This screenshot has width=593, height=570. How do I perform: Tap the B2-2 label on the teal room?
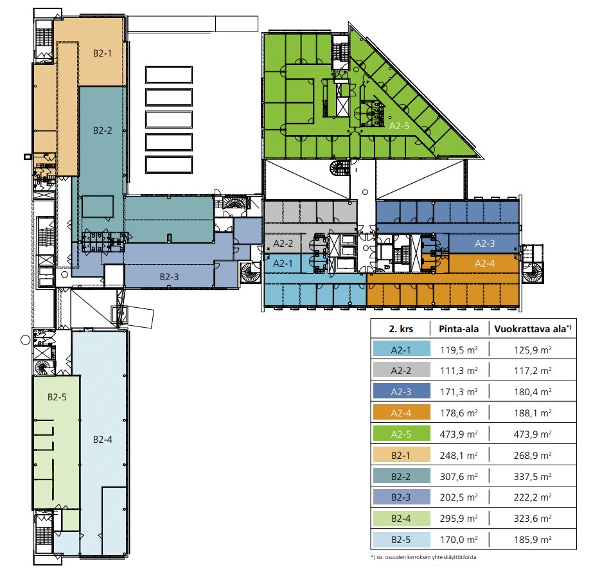coord(102,130)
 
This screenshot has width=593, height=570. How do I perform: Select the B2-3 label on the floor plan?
coord(169,276)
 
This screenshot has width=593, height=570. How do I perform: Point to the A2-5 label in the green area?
coord(400,127)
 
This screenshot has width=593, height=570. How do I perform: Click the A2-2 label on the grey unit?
coord(283,244)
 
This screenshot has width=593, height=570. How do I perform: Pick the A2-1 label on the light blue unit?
coord(283,263)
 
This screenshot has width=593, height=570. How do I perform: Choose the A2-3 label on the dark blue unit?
coord(484,244)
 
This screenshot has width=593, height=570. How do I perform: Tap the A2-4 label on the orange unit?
coord(484,263)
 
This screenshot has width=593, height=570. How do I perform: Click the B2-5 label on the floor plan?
coord(57,397)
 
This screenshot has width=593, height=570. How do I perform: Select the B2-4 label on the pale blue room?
coord(102,440)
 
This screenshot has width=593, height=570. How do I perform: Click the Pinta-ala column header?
coord(459,328)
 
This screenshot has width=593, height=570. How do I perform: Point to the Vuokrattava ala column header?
coord(532,328)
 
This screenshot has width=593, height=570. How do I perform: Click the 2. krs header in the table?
coord(401,328)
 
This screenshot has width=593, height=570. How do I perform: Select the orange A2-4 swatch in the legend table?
coord(401,413)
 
